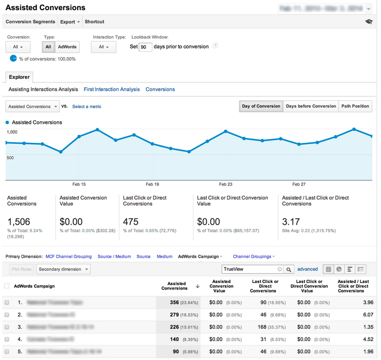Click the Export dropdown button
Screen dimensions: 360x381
tap(70, 22)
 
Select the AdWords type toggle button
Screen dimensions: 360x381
tap(67, 47)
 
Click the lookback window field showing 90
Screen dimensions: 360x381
tap(145, 47)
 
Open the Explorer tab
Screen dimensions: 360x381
tap(19, 77)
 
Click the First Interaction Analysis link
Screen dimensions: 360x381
tap(112, 89)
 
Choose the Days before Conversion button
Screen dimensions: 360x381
tap(311, 106)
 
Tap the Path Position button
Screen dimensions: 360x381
tap(355, 106)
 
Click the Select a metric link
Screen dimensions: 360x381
tap(87, 107)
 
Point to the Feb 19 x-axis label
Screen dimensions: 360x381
tap(153, 184)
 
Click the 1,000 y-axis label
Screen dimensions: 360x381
tap(12, 132)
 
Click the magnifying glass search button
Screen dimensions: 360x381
tap(289, 269)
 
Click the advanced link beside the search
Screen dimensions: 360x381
tap(308, 269)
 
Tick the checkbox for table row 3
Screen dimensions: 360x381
tap(7, 326)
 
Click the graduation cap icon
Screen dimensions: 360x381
tap(369, 22)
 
